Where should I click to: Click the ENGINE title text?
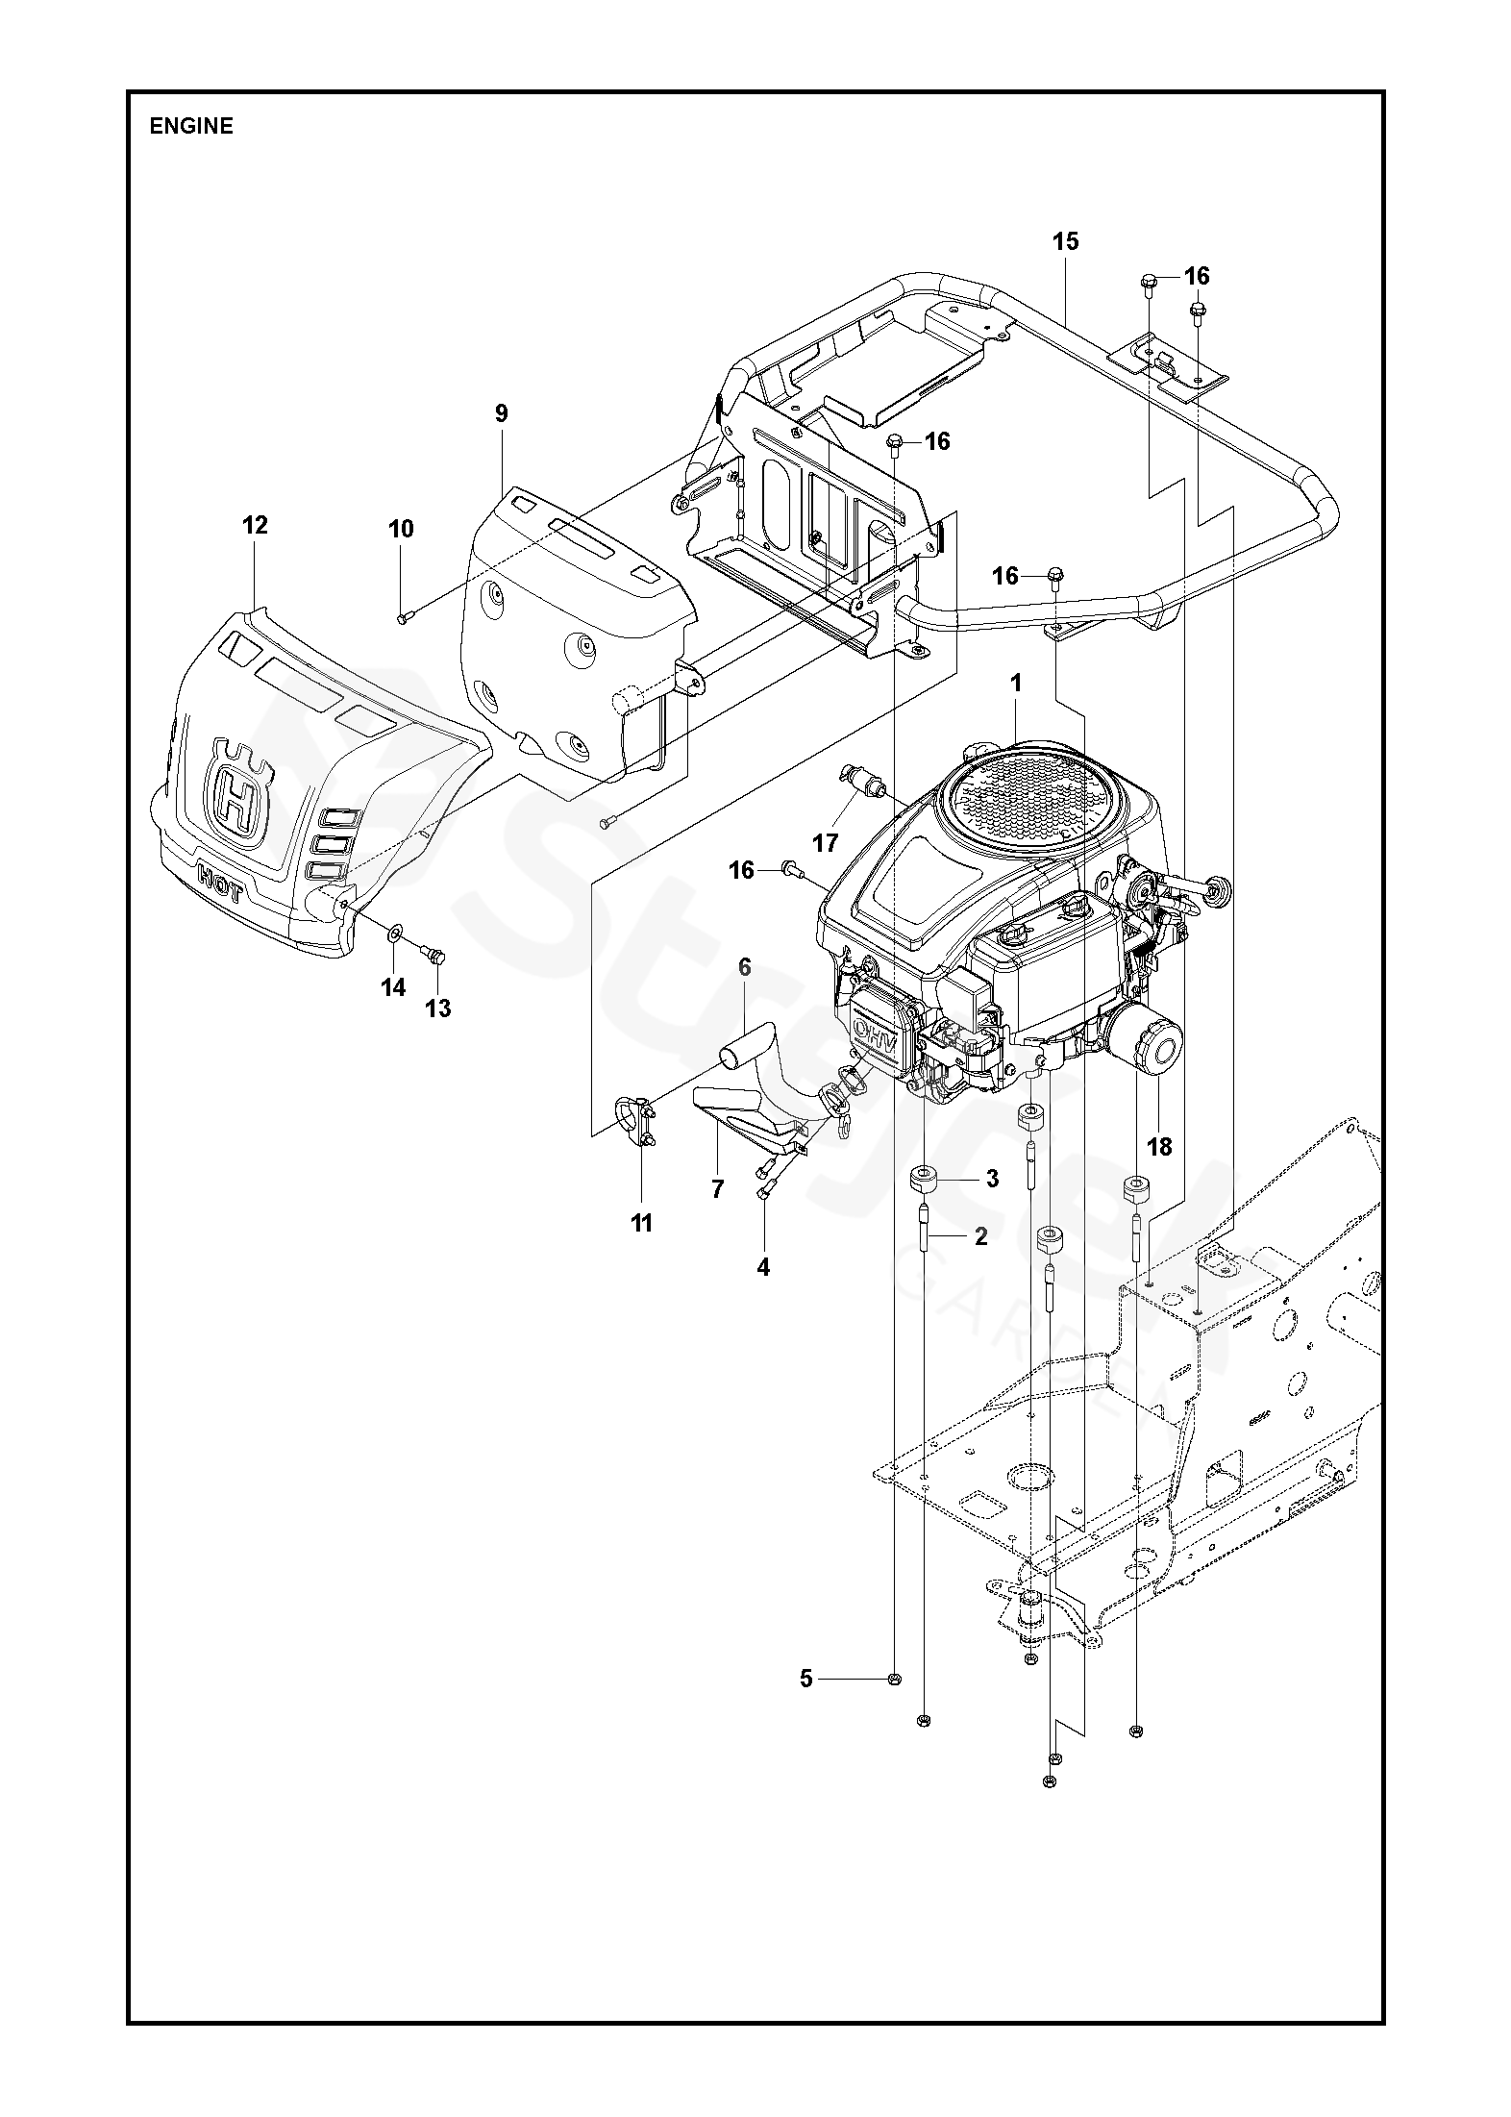[191, 126]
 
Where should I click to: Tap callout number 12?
[255, 525]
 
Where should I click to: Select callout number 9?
[501, 413]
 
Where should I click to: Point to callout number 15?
[1065, 240]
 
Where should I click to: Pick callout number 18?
[1159, 1146]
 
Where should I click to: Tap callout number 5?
[805, 1679]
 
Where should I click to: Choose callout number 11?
[641, 1223]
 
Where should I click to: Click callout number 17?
[825, 844]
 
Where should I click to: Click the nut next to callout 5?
[894, 1680]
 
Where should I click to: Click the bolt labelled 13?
[434, 956]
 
